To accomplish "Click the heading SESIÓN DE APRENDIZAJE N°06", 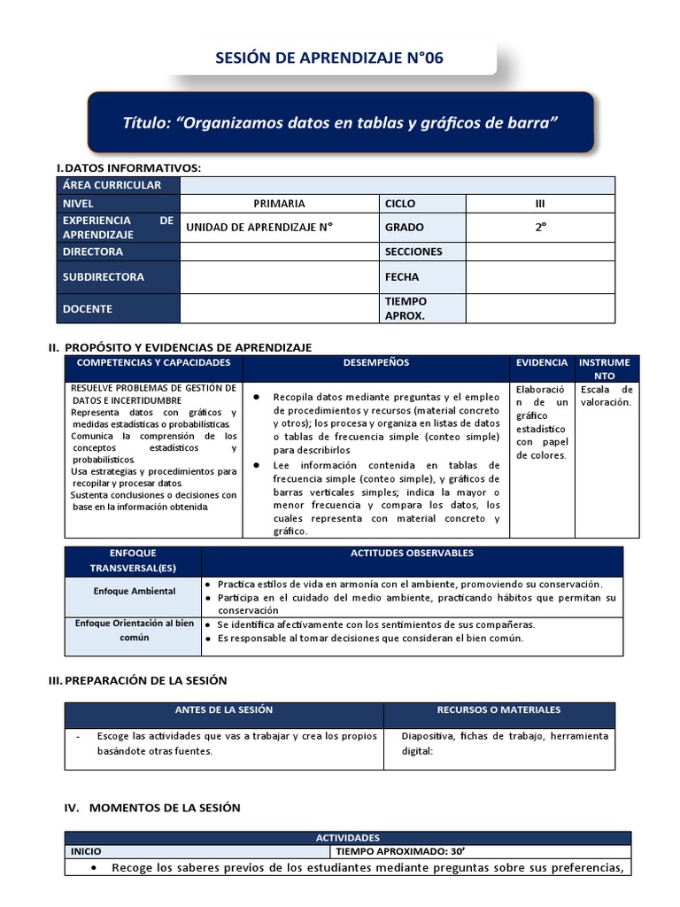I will coord(329,58).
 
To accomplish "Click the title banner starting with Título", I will coord(340,121).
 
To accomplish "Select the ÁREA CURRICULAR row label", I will coord(112,185).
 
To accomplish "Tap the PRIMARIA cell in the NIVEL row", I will coord(279,204).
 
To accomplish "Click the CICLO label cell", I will coord(400,204).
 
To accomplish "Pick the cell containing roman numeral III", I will coord(540,204).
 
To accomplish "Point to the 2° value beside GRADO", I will coord(540,227).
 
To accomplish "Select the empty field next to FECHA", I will coord(540,277).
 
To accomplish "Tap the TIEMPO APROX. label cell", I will coord(406,308).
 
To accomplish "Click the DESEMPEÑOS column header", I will coord(376,363).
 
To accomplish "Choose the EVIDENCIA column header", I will coord(542,363).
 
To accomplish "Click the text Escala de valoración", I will coord(607,396).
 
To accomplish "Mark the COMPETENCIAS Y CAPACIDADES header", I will coord(154,363).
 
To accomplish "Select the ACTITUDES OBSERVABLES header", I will coord(412,554).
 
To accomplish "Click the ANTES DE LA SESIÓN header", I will coord(224,710).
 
